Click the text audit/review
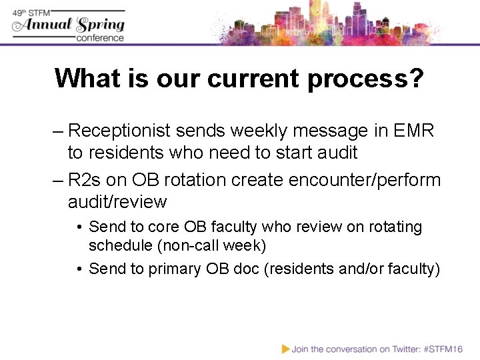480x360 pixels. click(x=117, y=201)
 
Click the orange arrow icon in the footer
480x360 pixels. click(x=286, y=348)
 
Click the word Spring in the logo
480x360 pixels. click(x=101, y=25)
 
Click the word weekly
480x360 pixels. click(x=251, y=131)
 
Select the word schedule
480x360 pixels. click(x=121, y=245)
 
